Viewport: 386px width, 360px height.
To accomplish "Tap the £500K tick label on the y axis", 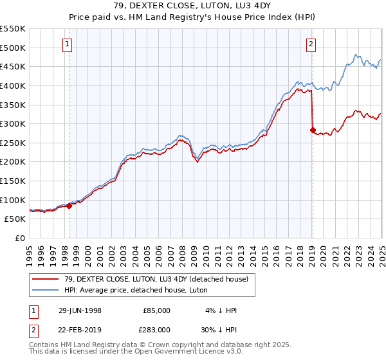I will (14, 48).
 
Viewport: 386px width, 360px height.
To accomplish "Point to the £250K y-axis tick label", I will (14, 143).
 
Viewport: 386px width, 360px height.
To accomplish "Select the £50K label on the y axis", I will (16, 219).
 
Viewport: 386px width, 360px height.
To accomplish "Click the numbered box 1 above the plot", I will (68, 44).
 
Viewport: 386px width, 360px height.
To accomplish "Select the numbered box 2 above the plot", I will (311, 44).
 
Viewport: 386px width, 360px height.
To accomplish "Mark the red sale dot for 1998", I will (69, 206).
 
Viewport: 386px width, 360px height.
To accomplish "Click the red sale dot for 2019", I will (313, 130).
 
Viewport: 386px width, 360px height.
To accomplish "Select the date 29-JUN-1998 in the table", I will (80, 310).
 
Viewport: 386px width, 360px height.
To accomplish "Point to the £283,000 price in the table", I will (157, 328).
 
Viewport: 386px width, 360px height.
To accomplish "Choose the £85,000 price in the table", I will (157, 310).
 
